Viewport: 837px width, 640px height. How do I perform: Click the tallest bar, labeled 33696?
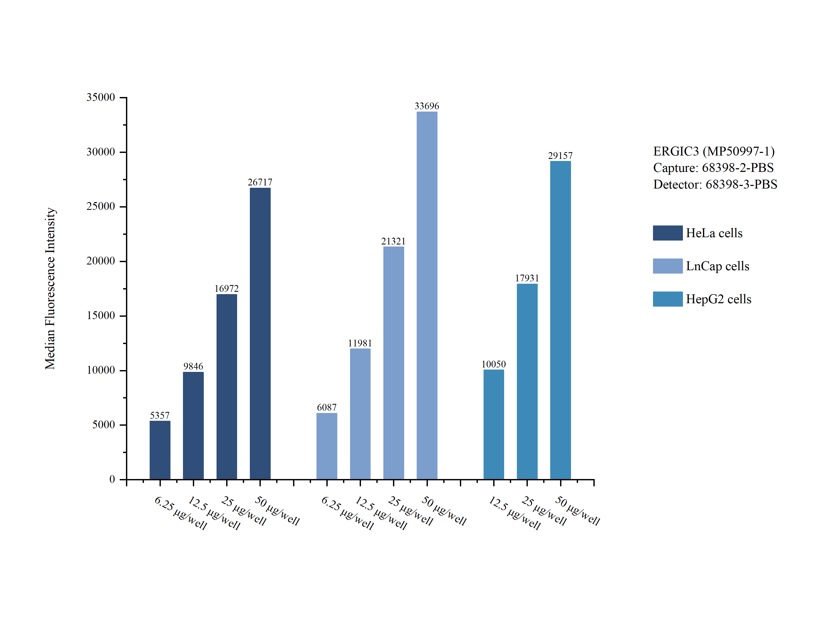click(x=427, y=295)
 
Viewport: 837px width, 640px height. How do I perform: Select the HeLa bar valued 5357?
click(x=160, y=450)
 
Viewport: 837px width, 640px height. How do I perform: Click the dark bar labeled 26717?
click(x=260, y=333)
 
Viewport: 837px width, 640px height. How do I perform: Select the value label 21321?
click(x=393, y=241)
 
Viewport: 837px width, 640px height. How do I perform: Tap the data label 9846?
click(x=193, y=366)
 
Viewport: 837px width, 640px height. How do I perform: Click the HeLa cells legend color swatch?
click(x=667, y=233)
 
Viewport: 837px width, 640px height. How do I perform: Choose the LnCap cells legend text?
click(x=717, y=266)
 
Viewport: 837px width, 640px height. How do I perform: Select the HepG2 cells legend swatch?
click(x=667, y=299)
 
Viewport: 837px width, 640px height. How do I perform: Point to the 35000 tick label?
click(x=101, y=97)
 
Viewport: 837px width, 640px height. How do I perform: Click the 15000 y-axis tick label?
click(x=101, y=315)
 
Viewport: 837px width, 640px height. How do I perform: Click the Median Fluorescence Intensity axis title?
click(x=50, y=288)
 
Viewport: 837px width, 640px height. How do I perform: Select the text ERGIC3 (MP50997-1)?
click(x=714, y=151)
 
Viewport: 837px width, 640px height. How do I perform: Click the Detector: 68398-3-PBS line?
click(x=715, y=184)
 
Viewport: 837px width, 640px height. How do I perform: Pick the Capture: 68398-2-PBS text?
click(x=713, y=168)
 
